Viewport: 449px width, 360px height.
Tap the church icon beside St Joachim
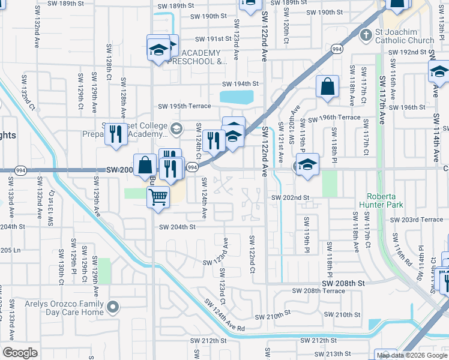click(365, 35)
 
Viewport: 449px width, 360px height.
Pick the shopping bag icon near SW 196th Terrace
click(328, 86)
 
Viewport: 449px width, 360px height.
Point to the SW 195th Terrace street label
click(184, 106)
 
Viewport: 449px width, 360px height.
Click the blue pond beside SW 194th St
click(237, 97)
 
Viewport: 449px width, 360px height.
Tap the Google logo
click(20, 353)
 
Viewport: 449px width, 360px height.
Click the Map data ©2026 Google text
click(411, 355)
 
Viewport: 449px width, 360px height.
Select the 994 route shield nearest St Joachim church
click(337, 49)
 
